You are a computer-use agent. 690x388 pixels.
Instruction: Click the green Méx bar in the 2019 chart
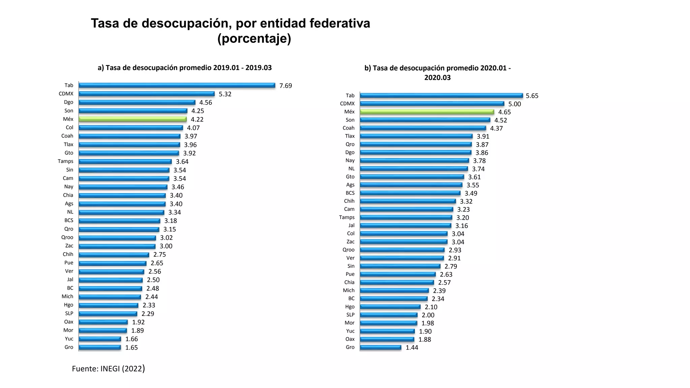132,119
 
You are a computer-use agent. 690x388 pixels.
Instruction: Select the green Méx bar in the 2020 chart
427,112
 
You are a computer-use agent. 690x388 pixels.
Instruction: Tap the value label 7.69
286,86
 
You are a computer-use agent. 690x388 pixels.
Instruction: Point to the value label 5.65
532,96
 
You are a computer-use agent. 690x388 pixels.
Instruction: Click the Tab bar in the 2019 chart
177,86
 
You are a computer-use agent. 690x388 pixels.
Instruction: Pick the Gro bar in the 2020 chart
380,347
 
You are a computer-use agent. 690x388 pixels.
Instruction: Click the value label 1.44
412,348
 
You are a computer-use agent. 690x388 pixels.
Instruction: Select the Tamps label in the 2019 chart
65,161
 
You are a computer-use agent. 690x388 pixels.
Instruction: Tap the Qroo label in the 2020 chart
348,250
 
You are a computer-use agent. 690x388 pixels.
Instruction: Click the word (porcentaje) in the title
254,39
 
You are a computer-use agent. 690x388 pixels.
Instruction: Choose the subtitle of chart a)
185,68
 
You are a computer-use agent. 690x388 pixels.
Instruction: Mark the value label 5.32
225,94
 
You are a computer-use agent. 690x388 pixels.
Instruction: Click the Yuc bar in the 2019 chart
100,339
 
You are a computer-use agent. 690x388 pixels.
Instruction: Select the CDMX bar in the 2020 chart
432,104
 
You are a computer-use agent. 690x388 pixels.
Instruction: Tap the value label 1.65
131,348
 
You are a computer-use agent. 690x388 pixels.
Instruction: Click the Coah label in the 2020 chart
348,128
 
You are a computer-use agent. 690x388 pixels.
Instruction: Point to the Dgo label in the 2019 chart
68,102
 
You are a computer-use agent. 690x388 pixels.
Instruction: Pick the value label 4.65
504,112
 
